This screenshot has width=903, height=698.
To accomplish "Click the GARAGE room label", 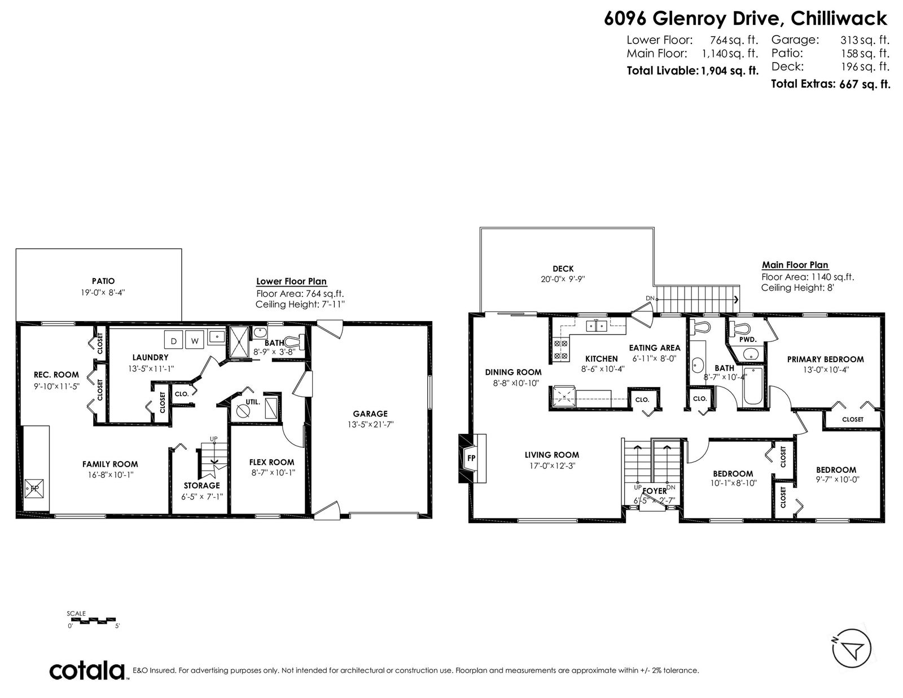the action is point(370,414).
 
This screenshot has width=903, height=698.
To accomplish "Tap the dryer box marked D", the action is point(174,340).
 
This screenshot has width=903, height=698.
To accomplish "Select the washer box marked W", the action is point(195,340).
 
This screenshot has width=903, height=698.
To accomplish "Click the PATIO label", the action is point(103,281).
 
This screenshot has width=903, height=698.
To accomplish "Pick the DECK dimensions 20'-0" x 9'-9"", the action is point(563,279).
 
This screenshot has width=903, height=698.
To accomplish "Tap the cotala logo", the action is point(87,670).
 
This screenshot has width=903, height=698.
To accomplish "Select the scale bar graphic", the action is point(91,620).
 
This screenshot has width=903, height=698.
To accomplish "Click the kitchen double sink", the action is point(597,326).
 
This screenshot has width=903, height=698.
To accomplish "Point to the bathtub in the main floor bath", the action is point(753,385).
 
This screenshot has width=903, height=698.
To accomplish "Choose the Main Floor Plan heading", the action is point(795,265).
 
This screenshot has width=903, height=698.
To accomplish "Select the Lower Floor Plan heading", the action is point(291,281).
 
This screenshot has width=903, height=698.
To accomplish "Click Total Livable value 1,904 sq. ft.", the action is point(730,71).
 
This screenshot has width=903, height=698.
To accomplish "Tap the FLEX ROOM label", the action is point(272,462).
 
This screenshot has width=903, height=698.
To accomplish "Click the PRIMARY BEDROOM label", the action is point(825,359).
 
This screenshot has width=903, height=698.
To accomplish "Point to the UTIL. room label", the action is point(253,402).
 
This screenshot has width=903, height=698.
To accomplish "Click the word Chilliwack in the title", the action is point(839,19).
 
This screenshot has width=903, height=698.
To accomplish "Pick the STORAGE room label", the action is point(202,485).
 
